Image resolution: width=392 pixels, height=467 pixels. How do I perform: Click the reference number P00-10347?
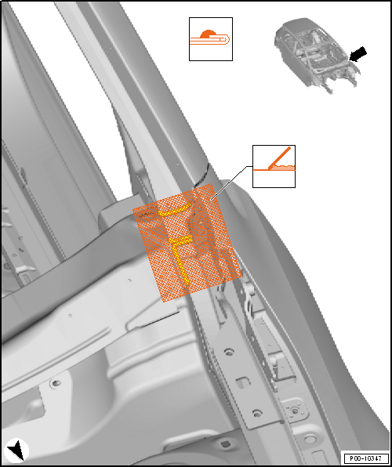(x=367, y=458)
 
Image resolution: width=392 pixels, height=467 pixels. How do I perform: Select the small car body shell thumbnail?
(x=317, y=55)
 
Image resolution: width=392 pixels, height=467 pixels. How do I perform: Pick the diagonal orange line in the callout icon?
(x=279, y=157)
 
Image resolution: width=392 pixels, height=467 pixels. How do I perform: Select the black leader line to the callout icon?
(x=230, y=182)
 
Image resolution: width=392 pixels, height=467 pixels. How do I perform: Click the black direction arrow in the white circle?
(x=17, y=451)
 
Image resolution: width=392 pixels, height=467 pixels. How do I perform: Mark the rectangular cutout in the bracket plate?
(x=242, y=382)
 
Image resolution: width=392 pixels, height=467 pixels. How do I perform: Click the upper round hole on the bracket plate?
(x=228, y=352)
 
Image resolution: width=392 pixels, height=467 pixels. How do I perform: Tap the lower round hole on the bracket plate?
(x=256, y=413)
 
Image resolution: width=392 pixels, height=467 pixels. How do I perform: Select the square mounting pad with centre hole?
(x=294, y=411)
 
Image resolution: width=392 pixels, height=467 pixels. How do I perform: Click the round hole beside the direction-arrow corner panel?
(x=55, y=384)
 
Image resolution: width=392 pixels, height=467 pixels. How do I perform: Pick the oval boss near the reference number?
(x=310, y=439)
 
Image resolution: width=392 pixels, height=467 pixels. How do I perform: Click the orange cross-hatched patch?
(x=187, y=242)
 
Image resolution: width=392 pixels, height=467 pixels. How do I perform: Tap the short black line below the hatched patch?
(x=160, y=319)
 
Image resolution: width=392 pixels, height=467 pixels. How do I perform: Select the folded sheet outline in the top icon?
(x=210, y=40)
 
